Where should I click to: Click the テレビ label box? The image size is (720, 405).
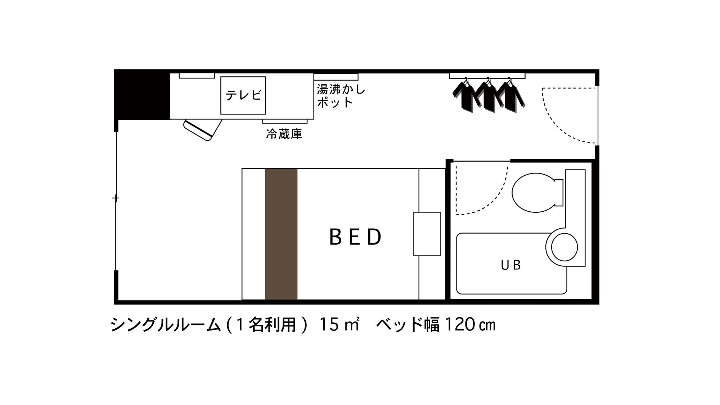(x=243, y=95)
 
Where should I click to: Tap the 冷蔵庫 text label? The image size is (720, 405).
(x=284, y=134)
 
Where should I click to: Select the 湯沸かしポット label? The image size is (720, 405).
(x=341, y=96)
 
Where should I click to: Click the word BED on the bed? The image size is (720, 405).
(x=355, y=237)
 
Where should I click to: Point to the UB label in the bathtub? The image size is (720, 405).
(x=511, y=265)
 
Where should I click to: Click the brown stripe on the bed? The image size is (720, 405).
(x=281, y=234)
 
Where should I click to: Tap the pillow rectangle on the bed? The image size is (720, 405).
(x=427, y=234)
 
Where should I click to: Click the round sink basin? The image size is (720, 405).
(x=564, y=247)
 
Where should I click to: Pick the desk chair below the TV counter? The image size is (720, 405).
(x=203, y=129)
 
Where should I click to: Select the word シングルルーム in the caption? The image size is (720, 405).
(x=165, y=325)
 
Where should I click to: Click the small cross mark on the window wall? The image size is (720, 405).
(x=116, y=198)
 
